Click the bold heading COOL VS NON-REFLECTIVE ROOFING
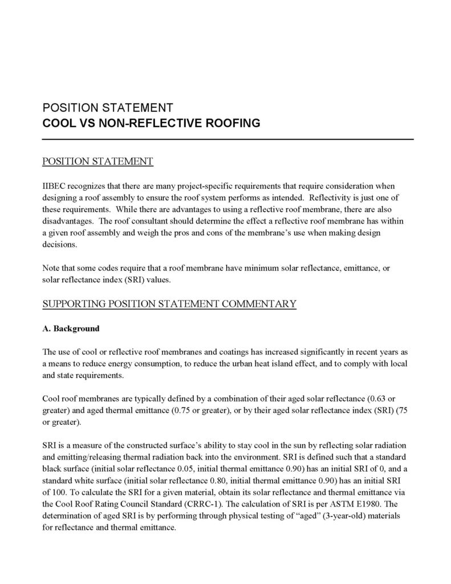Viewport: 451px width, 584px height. pos(151,123)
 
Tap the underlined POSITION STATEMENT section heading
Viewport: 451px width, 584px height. pos(97,161)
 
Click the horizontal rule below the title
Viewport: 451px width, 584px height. pos(227,139)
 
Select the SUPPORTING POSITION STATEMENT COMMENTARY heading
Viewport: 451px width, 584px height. pos(169,303)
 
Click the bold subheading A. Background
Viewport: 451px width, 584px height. pos(71,328)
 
